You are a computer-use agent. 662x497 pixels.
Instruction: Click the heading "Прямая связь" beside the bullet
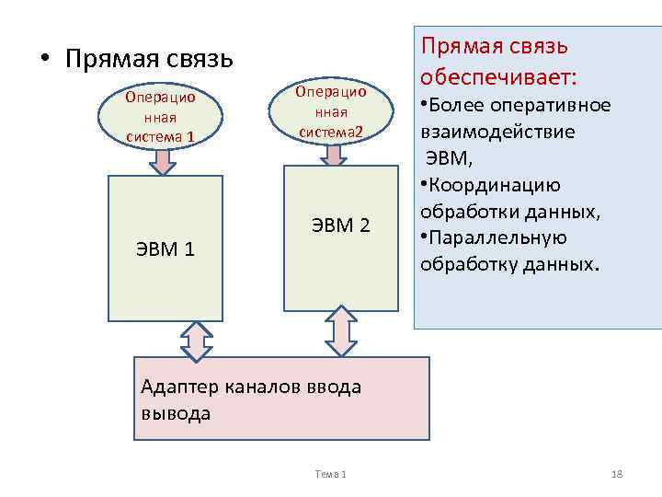tap(149, 59)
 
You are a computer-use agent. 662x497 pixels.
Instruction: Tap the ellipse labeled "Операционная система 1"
tap(161, 117)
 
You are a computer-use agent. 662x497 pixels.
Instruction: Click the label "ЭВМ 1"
tap(165, 248)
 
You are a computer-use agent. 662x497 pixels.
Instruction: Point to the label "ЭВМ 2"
tap(341, 225)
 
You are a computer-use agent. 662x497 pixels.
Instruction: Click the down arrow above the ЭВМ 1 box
tap(163, 162)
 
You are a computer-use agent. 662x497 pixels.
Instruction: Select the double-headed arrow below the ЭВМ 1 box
tap(197, 341)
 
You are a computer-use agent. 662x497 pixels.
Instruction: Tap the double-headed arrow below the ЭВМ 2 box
tap(341, 329)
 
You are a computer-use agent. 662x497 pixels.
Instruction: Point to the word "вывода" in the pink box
tap(176, 412)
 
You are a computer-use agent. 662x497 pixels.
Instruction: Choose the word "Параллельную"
tap(496, 237)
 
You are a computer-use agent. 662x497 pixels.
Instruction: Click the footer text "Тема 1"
tap(330, 473)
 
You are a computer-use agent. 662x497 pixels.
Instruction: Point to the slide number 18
tap(617, 473)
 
